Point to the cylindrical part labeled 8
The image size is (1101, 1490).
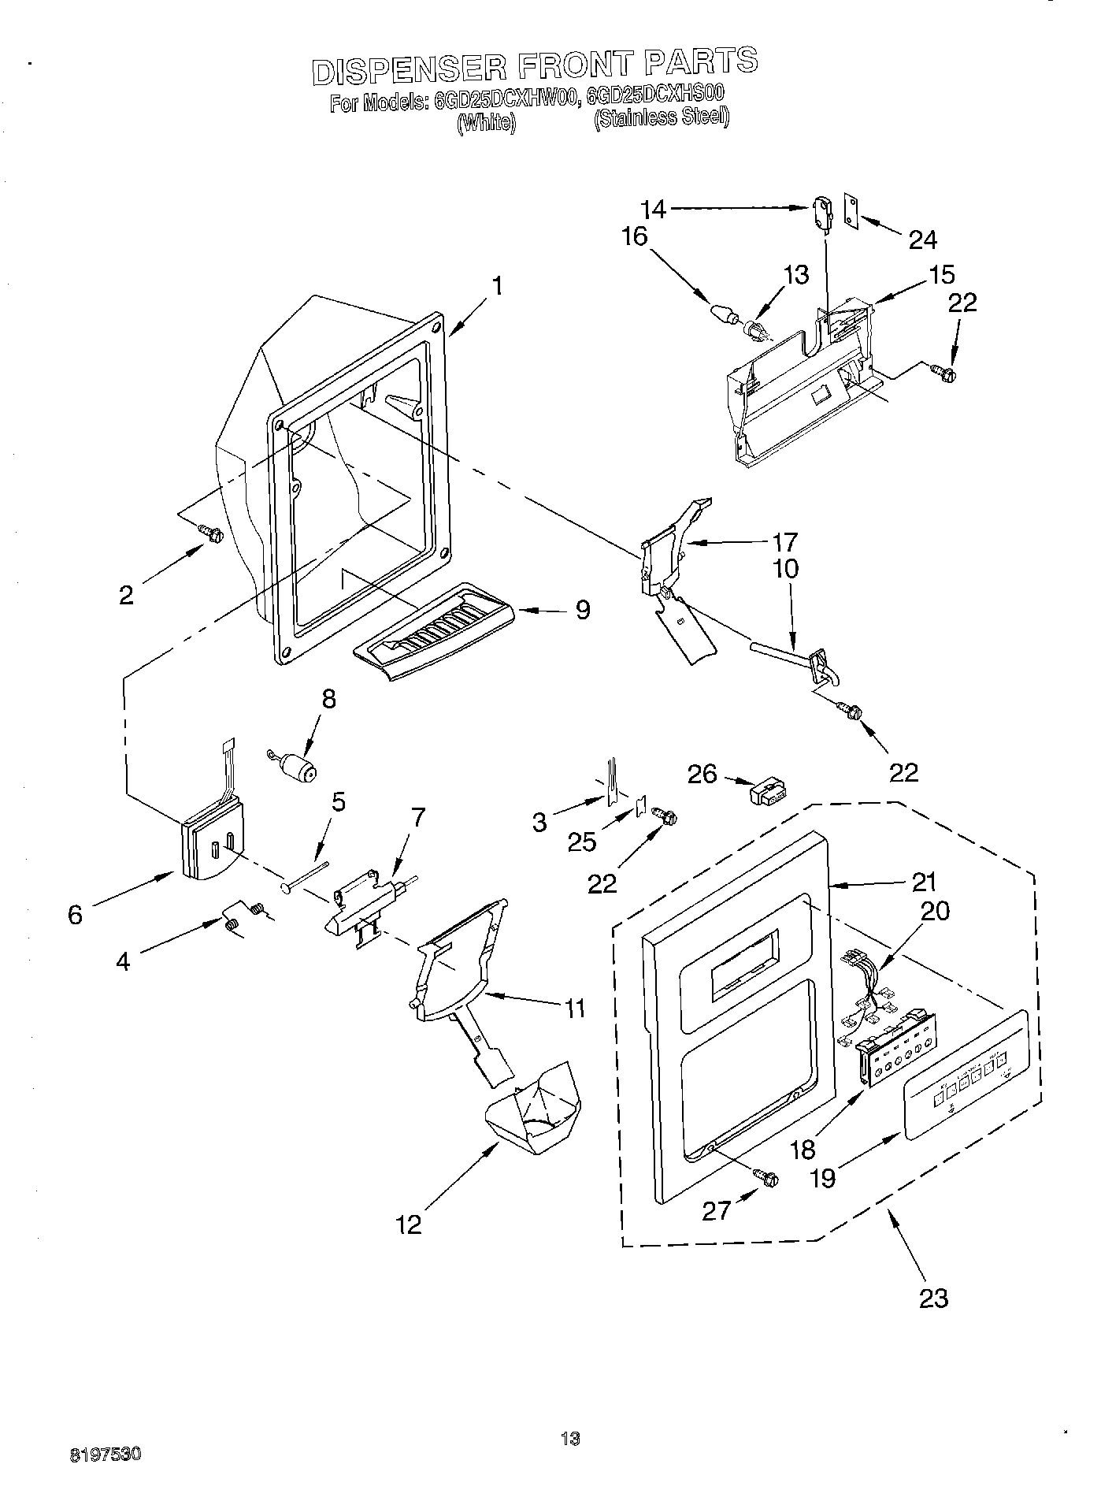coord(296,765)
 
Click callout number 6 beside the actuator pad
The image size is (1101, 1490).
coord(75,915)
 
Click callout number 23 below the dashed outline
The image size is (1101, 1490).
coord(933,1298)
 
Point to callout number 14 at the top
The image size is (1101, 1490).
coord(653,209)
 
